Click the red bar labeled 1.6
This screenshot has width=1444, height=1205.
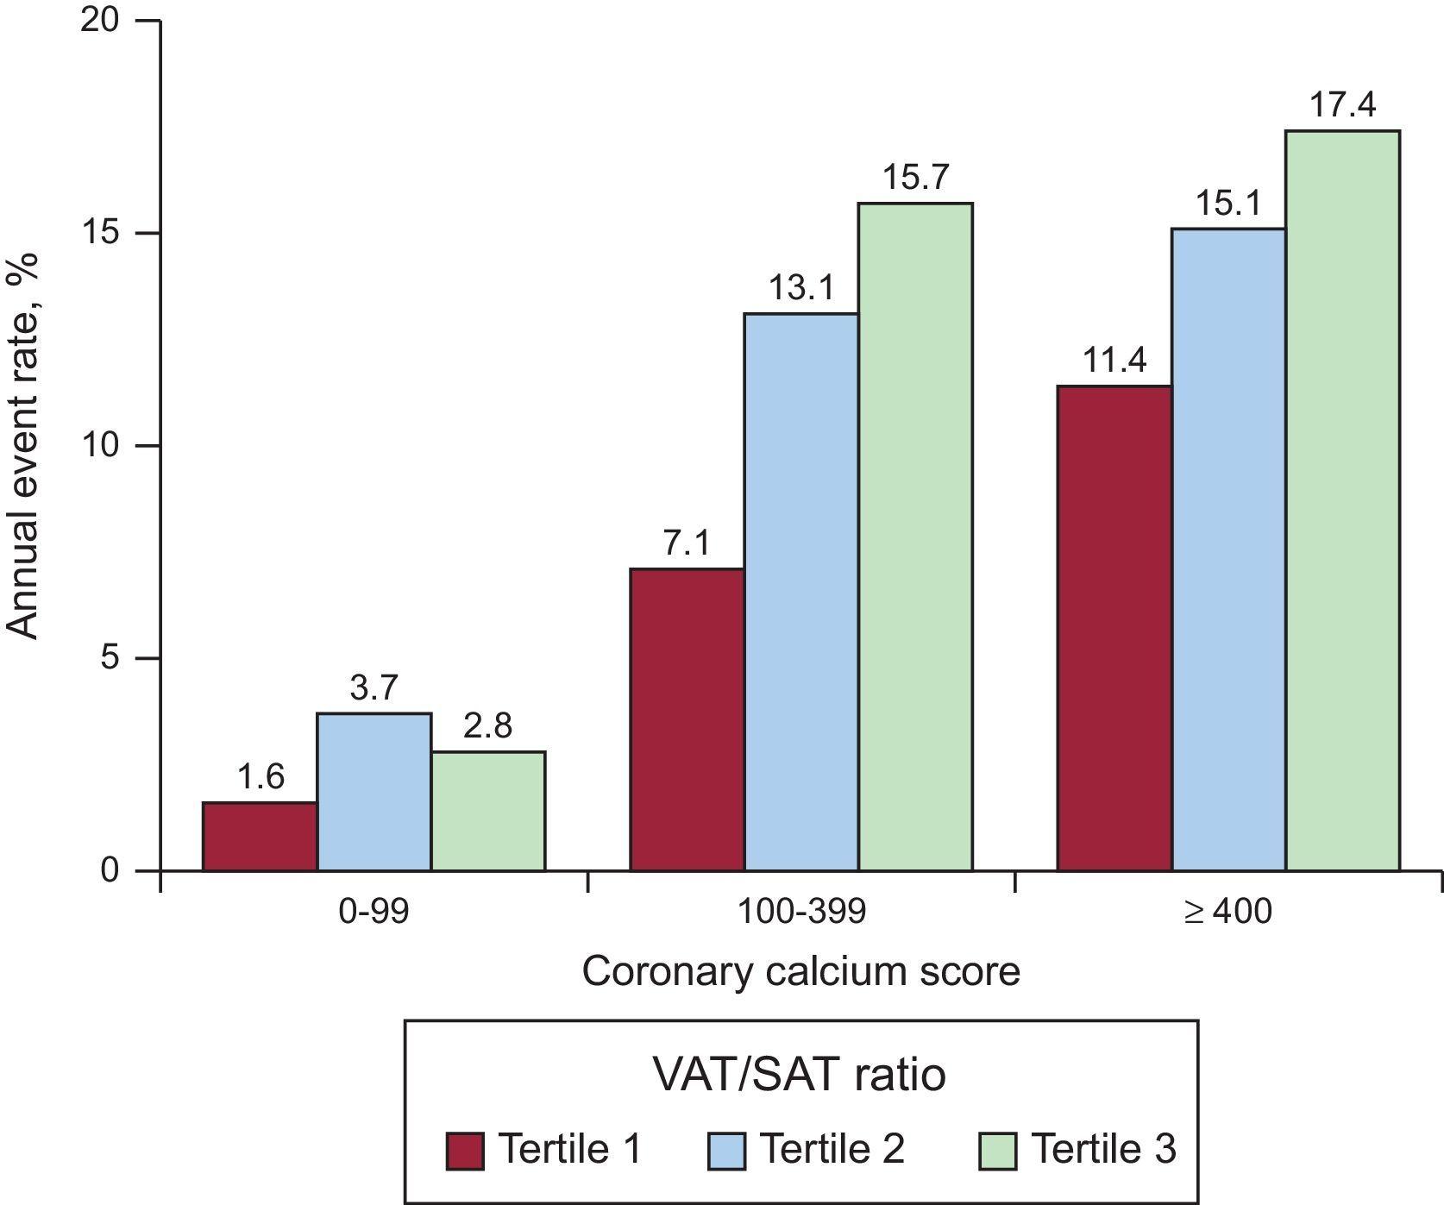tap(260, 836)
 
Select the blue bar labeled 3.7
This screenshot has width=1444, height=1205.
tap(374, 791)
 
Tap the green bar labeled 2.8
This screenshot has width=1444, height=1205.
tap(487, 811)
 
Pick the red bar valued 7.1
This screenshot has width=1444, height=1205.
tap(687, 719)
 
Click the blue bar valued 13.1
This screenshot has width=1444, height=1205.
tap(800, 592)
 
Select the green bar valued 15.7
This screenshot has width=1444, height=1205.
tap(914, 537)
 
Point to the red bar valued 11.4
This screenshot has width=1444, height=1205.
tap(1114, 628)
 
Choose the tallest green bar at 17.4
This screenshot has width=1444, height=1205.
tap(1342, 500)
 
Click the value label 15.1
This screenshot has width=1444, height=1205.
tap(1227, 204)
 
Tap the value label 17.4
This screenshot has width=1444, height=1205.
tap(1342, 106)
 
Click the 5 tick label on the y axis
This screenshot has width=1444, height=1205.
tap(109, 658)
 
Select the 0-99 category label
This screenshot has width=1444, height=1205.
tap(374, 911)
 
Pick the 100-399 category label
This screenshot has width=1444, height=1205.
tap(800, 911)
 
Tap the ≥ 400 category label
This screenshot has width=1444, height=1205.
tap(1227, 911)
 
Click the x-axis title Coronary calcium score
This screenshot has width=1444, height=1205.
tap(800, 972)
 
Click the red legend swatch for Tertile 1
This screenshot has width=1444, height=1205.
tap(466, 1151)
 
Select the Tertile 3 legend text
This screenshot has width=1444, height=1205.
tap(1102, 1149)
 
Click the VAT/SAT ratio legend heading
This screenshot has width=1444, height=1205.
tap(799, 1075)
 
